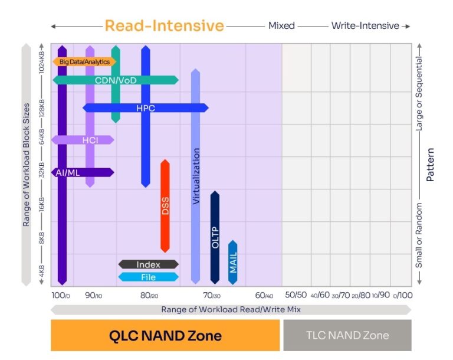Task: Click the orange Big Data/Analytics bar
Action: click(84, 61)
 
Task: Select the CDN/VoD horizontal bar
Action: click(116, 80)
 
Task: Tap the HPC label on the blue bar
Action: click(146, 108)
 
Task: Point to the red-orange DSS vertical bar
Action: click(165, 205)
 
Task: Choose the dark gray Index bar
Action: click(148, 265)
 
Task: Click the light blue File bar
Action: click(148, 277)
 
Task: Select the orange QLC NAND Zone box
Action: click(165, 336)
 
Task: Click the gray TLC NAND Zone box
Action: click(347, 336)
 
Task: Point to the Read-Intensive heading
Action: click(165, 26)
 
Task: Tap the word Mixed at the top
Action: click(281, 26)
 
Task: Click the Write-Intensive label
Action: click(365, 26)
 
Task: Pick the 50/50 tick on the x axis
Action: click(296, 294)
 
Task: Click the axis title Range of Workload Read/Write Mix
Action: click(231, 309)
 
